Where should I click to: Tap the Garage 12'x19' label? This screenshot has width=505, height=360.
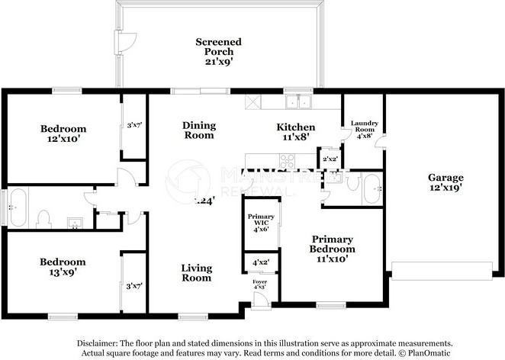pos(445,182)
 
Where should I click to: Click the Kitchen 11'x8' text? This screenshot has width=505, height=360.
pos(295,133)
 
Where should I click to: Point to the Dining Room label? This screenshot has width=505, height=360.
pos(198,130)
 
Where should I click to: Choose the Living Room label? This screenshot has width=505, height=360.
pos(196,273)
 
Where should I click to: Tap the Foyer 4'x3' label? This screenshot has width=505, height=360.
pos(260,285)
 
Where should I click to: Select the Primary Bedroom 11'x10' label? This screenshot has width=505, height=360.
pos(332,249)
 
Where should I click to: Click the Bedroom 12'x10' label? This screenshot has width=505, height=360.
pos(63,134)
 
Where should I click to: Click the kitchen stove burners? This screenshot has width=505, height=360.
pos(288,161)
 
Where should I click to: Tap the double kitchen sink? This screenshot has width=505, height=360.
pos(298,101)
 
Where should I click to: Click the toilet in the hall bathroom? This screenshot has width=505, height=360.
pos(43,219)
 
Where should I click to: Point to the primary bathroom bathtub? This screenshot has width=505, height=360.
pos(372,189)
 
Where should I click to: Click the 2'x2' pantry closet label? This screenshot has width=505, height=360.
pos(330,158)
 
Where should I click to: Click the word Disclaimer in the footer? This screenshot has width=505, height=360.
pos(101,343)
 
